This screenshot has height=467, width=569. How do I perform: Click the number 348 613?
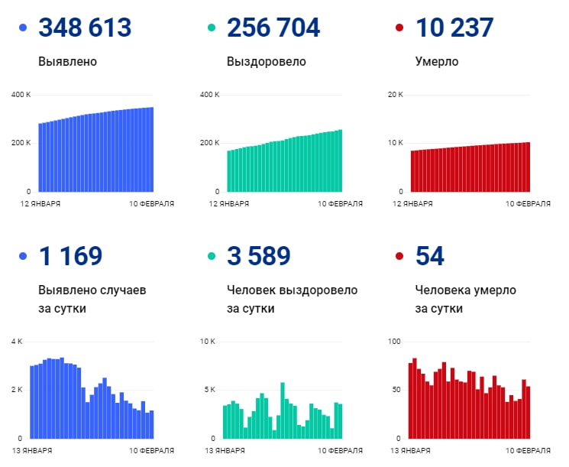pyautogui.click(x=85, y=28)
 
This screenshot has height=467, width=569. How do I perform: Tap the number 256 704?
pyautogui.click(x=273, y=28)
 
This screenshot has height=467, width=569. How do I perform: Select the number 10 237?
pyautogui.click(x=454, y=28)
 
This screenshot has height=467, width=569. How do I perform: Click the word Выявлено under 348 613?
pyautogui.click(x=67, y=61)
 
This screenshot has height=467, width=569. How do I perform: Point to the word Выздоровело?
pyautogui.click(x=267, y=61)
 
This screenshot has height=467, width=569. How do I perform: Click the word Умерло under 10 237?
pyautogui.click(x=437, y=61)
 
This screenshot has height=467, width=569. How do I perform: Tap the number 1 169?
pyautogui.click(x=70, y=256)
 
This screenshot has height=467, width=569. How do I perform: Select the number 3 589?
pyautogui.click(x=259, y=256)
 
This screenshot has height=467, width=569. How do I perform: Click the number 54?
pyautogui.click(x=430, y=256)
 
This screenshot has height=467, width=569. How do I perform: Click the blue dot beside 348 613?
pyautogui.click(x=22, y=28)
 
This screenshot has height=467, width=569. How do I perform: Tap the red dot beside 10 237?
pyautogui.click(x=399, y=28)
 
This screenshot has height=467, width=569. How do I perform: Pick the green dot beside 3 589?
pyautogui.click(x=211, y=257)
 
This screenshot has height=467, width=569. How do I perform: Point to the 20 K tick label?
pyautogui.click(x=395, y=95)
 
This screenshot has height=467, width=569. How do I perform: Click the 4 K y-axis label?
pyautogui.click(x=17, y=341)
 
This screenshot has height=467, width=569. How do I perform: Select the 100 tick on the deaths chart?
pyautogui.click(x=394, y=341)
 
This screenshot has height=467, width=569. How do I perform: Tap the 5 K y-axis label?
pyautogui.click(x=209, y=390)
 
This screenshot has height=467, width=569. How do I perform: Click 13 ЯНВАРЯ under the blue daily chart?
pyautogui.click(x=34, y=451)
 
